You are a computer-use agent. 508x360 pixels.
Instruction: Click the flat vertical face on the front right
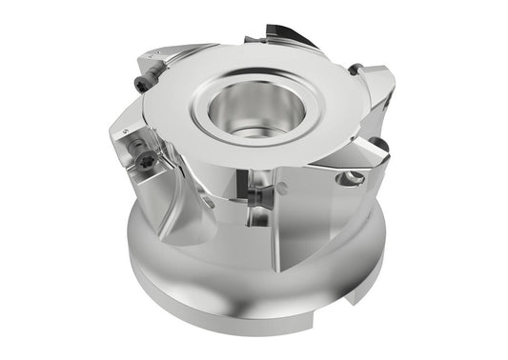(315, 219)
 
